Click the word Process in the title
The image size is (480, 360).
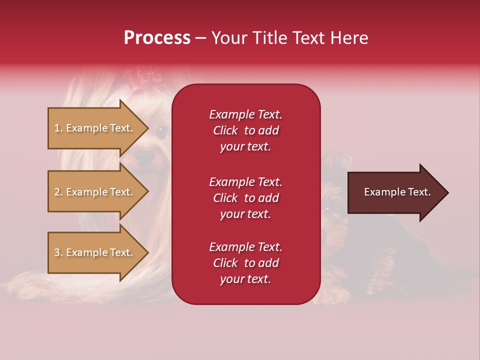(157, 38)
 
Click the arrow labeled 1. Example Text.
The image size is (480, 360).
(98, 128)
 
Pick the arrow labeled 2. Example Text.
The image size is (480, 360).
(98, 191)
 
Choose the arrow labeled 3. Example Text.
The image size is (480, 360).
(98, 252)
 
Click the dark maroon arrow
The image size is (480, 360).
(398, 192)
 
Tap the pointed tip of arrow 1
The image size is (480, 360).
(149, 128)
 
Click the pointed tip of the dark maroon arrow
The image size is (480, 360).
(449, 192)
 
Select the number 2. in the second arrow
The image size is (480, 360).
(58, 192)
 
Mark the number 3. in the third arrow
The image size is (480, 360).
(58, 252)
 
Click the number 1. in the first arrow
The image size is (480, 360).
(58, 128)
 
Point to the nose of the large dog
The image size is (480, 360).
(144, 156)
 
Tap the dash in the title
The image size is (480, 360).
(200, 38)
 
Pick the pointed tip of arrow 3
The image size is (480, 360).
(149, 252)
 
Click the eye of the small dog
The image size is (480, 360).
(327, 209)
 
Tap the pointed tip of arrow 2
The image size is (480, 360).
(149, 191)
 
